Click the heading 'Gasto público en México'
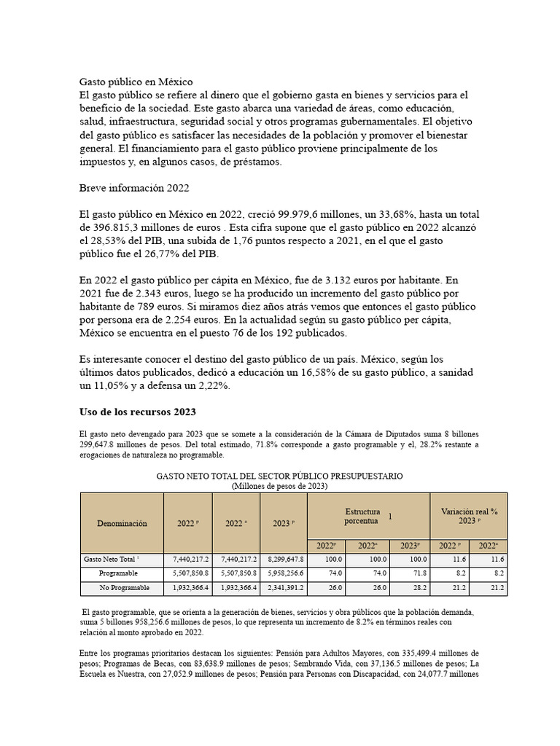pos(136,82)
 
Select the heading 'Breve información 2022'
pos(133,187)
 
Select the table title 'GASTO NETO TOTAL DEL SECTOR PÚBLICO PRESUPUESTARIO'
pos(280,476)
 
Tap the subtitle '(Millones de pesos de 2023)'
pos(280,485)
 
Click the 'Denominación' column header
pos(122,523)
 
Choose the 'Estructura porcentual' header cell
pos(369,517)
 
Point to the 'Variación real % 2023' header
pos(469,517)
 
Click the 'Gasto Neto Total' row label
pos(111,559)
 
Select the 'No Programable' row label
pos(125,587)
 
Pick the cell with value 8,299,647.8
pos(284,559)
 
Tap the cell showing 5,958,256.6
pos(284,573)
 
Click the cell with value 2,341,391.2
pos(284,587)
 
